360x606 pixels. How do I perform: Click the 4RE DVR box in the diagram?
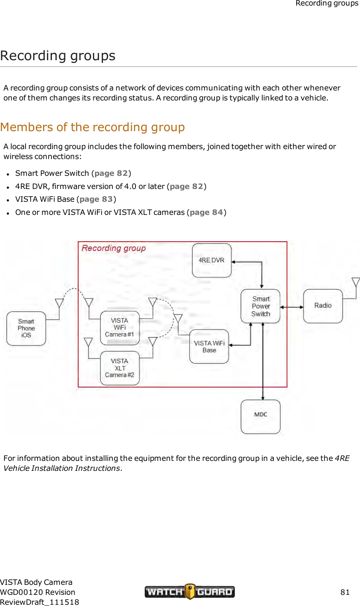(212, 260)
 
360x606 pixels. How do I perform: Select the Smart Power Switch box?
(260, 306)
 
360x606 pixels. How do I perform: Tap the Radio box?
(323, 306)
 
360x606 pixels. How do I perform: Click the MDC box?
(260, 417)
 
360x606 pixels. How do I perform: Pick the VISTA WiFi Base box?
(209, 346)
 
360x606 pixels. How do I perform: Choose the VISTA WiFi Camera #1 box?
(120, 328)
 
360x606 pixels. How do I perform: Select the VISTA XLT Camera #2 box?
(120, 368)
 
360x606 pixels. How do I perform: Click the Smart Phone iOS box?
(26, 328)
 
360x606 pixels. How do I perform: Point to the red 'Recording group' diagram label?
(114, 248)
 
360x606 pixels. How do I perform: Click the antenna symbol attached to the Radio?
(356, 282)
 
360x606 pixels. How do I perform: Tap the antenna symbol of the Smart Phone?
(59, 303)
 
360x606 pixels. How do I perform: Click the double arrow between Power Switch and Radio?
(291, 307)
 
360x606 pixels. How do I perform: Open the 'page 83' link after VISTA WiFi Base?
(96, 199)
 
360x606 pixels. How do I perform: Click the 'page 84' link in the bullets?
(206, 212)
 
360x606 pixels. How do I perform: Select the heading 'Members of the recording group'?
(92, 127)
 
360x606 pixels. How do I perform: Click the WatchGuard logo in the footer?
(189, 592)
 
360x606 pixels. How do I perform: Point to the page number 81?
(345, 592)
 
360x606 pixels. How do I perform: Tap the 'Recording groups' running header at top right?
(327, 4)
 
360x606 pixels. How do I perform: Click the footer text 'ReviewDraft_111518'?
(39, 602)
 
